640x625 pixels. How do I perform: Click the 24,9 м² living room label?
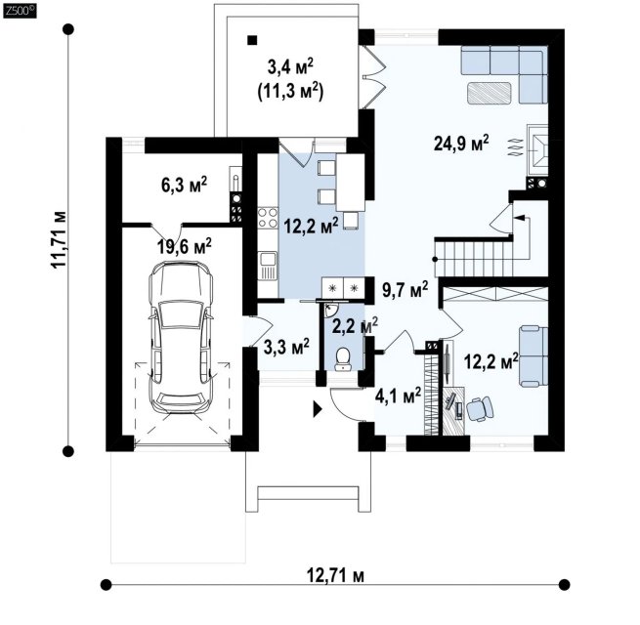point(461,144)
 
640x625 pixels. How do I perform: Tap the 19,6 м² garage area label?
point(185,246)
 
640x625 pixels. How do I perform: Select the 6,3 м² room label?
point(185,185)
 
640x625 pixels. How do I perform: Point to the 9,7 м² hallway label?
point(405,290)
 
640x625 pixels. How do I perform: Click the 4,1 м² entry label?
point(398,396)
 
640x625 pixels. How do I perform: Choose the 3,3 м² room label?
point(286,347)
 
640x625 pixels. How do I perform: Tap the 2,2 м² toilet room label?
point(355,325)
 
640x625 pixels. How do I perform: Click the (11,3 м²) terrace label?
point(290,92)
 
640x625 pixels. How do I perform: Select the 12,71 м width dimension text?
point(335,575)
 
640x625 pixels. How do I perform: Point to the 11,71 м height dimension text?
point(59,239)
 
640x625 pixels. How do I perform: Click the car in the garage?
point(181,338)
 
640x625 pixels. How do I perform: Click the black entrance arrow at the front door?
point(318,409)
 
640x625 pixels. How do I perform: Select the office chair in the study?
point(480,408)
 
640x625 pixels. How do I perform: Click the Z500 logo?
point(20,11)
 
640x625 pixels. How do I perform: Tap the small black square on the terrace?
point(253,40)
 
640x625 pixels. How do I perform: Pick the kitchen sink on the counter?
point(268,266)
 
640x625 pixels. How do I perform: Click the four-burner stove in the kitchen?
point(268,218)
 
